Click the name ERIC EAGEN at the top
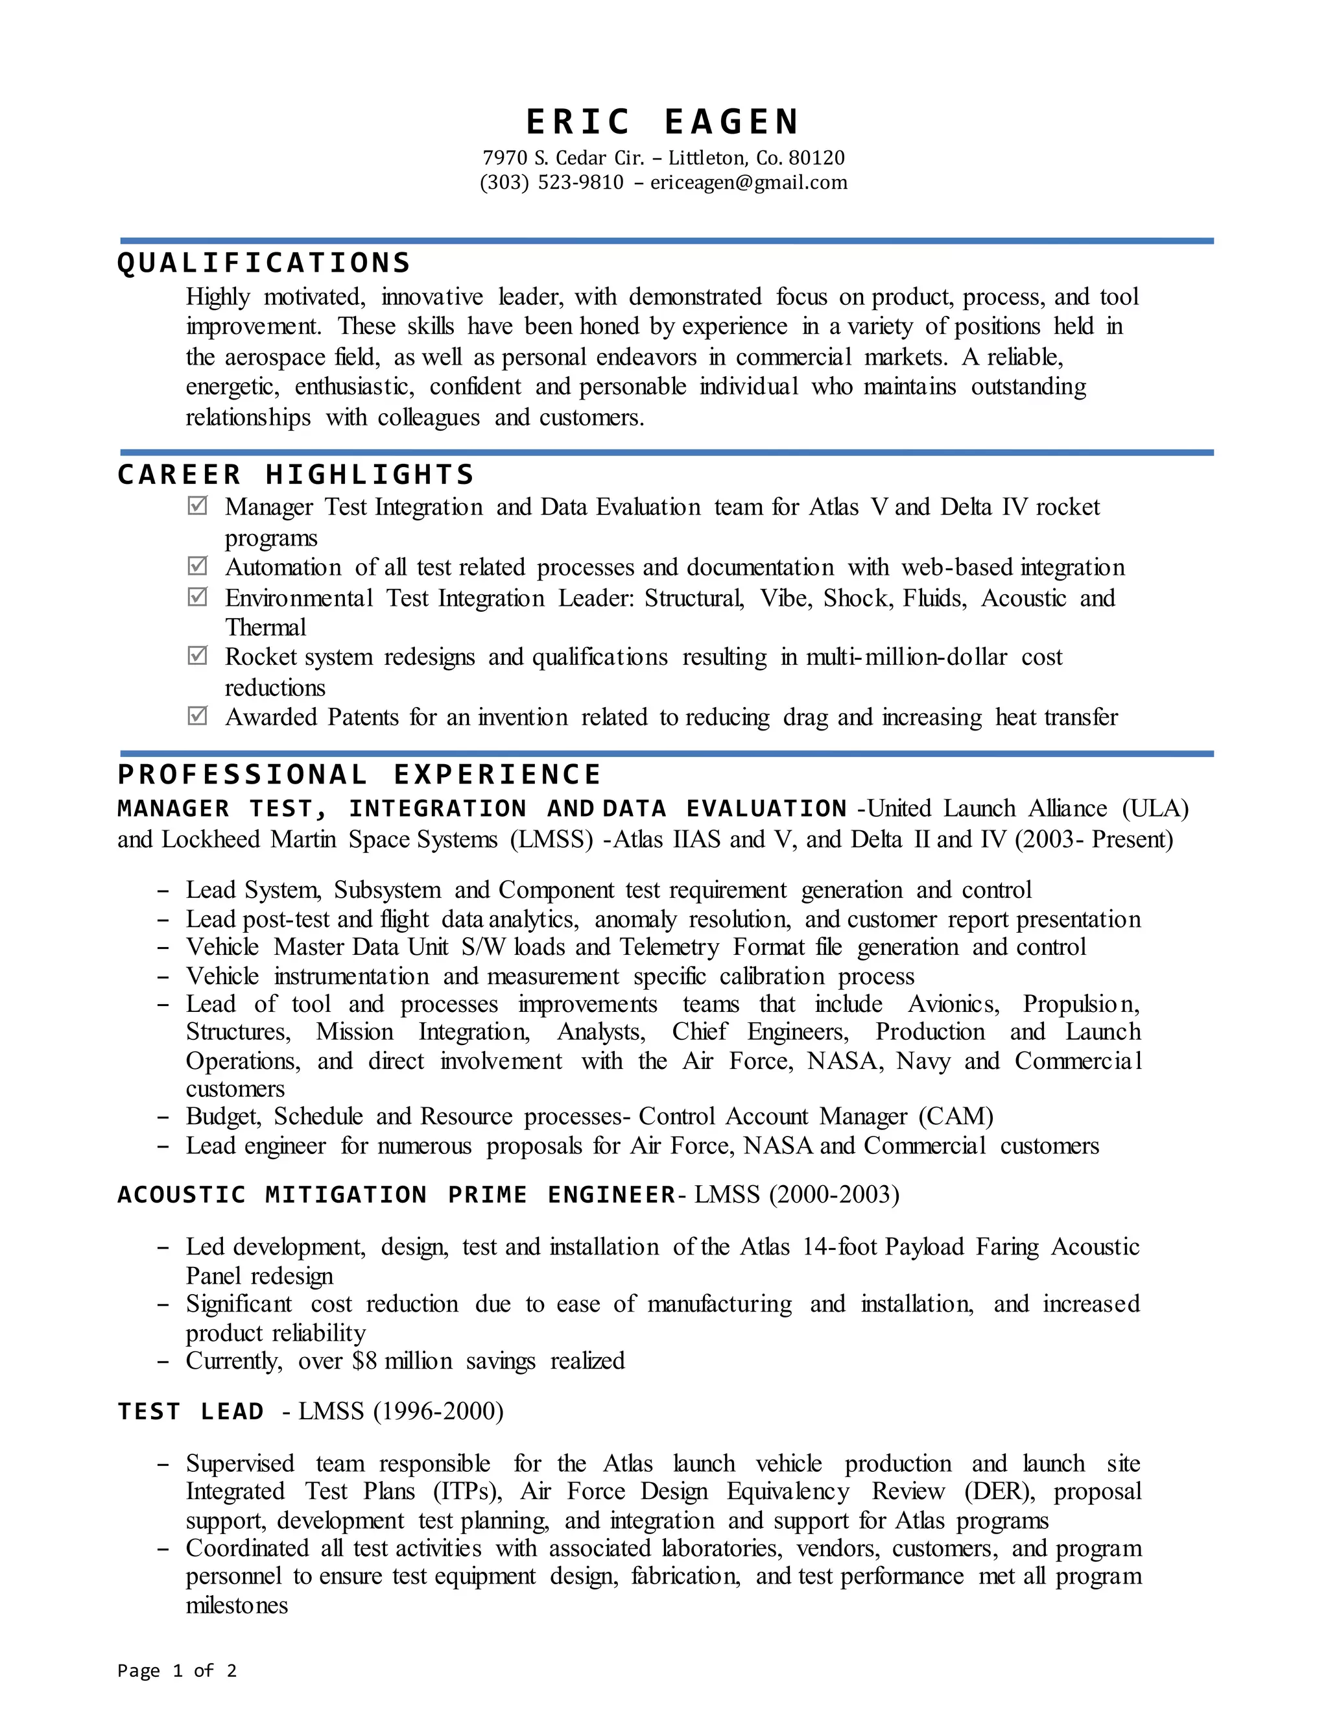[x=663, y=123]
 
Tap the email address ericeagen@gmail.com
[x=749, y=183]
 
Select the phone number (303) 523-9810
[x=552, y=183]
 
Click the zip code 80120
[x=816, y=158]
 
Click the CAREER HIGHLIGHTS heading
[x=296, y=475]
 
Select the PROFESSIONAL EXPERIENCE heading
[x=359, y=775]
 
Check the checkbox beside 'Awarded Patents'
[x=198, y=715]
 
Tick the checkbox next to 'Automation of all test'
[x=198, y=566]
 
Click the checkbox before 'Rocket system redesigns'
[x=198, y=656]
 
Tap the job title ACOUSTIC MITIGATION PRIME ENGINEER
[x=396, y=1195]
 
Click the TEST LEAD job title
[x=191, y=1412]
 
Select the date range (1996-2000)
[x=438, y=1412]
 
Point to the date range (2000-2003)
[x=834, y=1195]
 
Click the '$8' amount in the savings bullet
[x=364, y=1361]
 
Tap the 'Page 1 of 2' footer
[x=177, y=1670]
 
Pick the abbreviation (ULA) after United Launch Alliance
[x=1155, y=808]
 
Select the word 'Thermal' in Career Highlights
[x=265, y=627]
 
